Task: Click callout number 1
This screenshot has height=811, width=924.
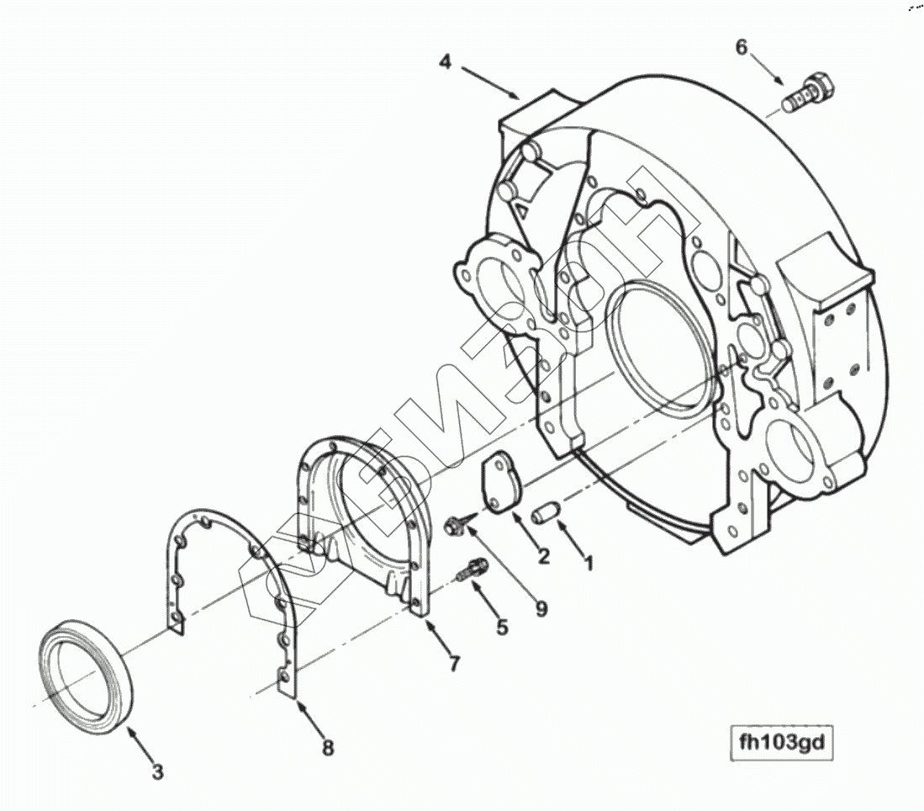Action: [589, 561]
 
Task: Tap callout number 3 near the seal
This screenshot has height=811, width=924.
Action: [157, 771]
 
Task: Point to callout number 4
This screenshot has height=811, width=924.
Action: [446, 61]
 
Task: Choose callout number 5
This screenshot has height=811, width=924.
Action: [502, 626]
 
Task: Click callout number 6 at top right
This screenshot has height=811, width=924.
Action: [741, 47]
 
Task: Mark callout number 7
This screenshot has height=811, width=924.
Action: [453, 664]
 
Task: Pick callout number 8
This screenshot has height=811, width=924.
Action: [327, 746]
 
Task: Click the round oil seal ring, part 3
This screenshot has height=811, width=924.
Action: [85, 665]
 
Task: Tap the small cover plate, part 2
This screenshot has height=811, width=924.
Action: [500, 482]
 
